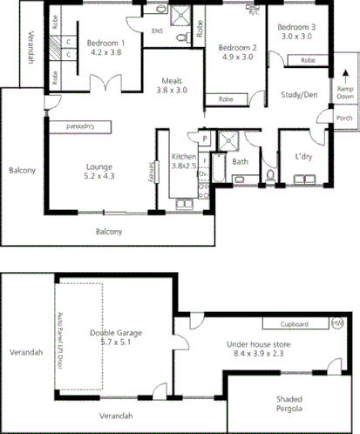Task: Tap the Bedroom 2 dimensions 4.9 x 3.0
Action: pos(235,58)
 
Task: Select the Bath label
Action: pos(241,161)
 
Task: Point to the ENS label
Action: pos(157,32)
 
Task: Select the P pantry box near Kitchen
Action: pos(204,138)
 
